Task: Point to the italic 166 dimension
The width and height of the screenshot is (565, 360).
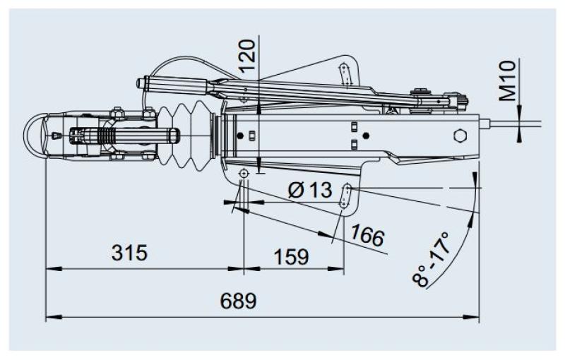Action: click(x=367, y=236)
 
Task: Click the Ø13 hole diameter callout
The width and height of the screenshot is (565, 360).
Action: click(x=310, y=190)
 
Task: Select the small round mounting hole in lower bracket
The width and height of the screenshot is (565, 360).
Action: click(x=243, y=174)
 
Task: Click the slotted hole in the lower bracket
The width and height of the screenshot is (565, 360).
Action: click(x=347, y=196)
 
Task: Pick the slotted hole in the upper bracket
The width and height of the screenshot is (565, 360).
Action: click(x=345, y=73)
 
